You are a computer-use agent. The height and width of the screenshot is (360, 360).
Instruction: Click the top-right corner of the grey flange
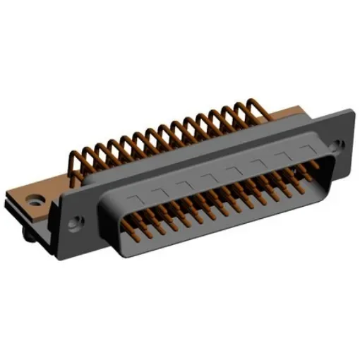351,111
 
